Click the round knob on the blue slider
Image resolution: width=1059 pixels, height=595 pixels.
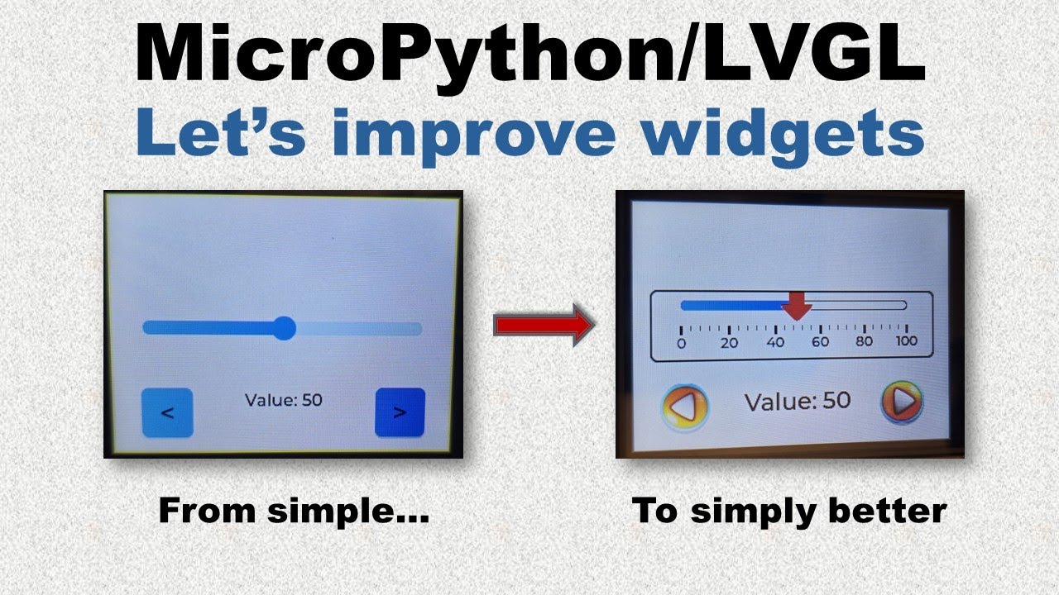pos(284,328)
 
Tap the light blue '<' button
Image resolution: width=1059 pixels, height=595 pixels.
pos(167,412)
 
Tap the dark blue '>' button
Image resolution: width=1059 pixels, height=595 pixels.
pos(400,412)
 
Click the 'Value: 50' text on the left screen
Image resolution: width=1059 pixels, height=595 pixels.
pos(284,401)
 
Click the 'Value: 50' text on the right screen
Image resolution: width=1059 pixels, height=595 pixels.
pos(798,402)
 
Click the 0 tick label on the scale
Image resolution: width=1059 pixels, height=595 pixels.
pos(681,343)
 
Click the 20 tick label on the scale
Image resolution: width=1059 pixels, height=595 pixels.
pos(729,343)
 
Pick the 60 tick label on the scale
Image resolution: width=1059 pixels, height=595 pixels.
pos(820,342)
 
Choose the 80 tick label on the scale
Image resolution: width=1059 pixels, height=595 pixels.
pos(865,341)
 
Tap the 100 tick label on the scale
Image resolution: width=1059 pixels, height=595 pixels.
pos(907,340)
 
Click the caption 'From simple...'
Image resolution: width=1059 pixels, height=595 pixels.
pos(294,511)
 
